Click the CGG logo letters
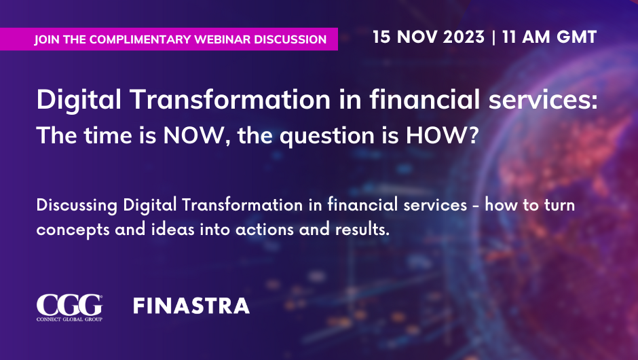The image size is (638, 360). (69, 304)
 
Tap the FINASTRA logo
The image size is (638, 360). (191, 306)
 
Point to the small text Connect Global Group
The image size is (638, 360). (69, 319)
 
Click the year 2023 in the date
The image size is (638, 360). (464, 37)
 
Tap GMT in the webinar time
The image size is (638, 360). (576, 37)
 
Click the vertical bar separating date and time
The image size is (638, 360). (493, 37)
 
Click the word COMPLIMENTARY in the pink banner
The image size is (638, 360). (140, 39)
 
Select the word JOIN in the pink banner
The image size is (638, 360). (47, 39)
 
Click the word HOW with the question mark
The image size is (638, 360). (442, 135)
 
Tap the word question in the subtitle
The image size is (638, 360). (327, 137)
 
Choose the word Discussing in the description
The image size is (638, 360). (77, 205)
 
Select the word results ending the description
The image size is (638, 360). (362, 230)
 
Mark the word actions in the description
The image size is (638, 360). (265, 230)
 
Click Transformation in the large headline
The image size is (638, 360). (230, 99)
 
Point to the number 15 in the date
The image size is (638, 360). (381, 37)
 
